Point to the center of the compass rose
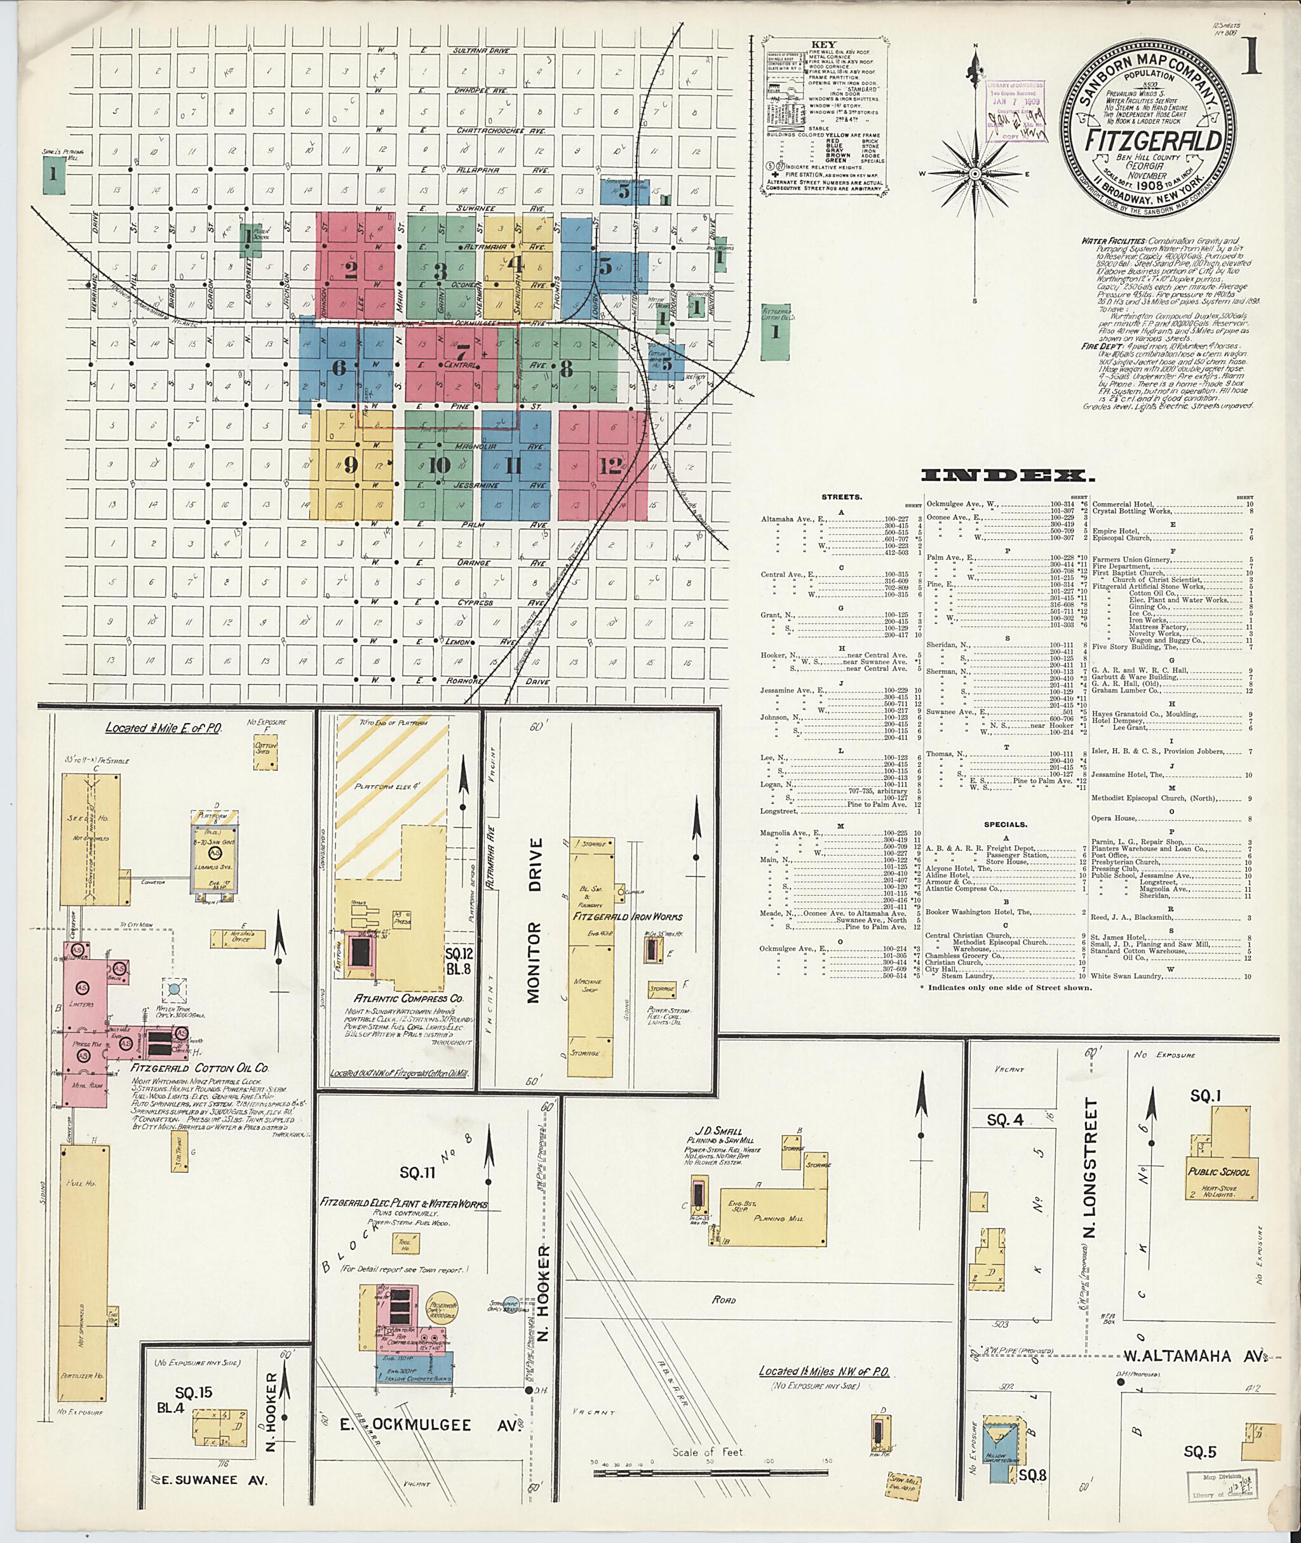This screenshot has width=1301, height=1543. pyautogui.click(x=974, y=174)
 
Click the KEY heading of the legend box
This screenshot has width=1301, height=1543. pyautogui.click(x=823, y=44)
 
